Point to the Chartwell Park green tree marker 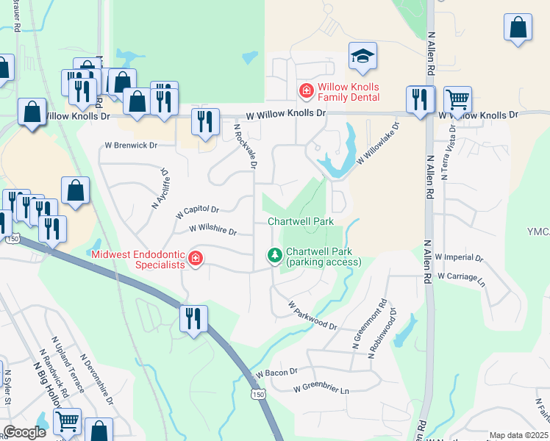pyautogui.click(x=275, y=255)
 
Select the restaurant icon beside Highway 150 pyautogui.click(x=194, y=318)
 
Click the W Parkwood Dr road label pyautogui.click(x=312, y=315)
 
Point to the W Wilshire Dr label pyautogui.click(x=213, y=231)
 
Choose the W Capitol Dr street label pyautogui.click(x=198, y=212)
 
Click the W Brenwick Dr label pyautogui.click(x=132, y=146)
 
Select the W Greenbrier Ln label pyautogui.click(x=321, y=387)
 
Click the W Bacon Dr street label pyautogui.click(x=276, y=373)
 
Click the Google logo pyautogui.click(x=25, y=432)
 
